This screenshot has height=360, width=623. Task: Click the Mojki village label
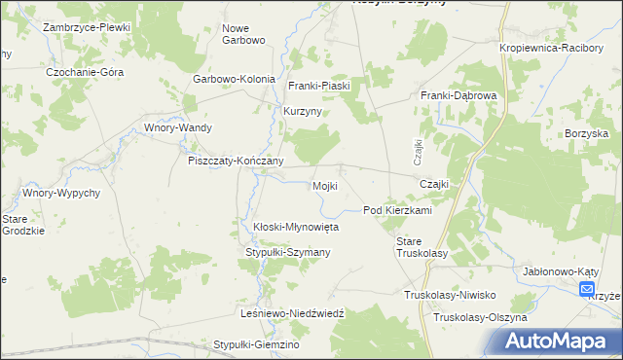tap(324, 186)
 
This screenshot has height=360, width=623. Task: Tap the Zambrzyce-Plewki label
tap(86, 27)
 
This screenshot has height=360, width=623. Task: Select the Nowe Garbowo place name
tap(242, 34)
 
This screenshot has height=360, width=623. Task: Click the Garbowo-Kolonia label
tap(234, 79)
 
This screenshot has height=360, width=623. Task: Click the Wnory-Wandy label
tap(177, 127)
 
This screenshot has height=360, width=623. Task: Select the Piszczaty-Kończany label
tap(236, 162)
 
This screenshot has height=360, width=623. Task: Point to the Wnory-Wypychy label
tap(61, 193)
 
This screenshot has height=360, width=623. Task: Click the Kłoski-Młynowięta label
tap(295, 227)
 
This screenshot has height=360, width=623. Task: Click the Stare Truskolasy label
tap(421, 246)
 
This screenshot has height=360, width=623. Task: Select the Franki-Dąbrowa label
tap(458, 95)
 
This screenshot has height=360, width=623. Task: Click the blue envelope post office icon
tap(587, 289)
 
